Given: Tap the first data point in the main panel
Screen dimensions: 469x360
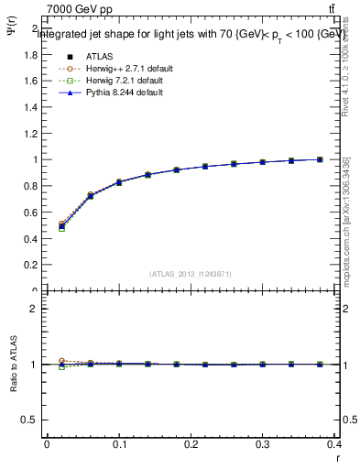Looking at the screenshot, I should tap(61, 225).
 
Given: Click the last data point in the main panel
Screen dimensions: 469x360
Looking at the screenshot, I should tap(321, 159).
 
